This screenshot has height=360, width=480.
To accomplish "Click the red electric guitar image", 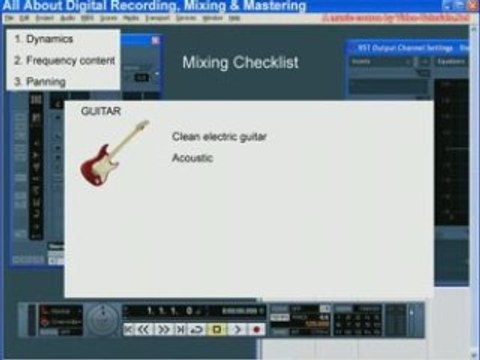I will (x=113, y=152).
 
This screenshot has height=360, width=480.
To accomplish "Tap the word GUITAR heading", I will (x=100, y=112).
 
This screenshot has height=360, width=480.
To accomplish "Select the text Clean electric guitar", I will (x=219, y=136).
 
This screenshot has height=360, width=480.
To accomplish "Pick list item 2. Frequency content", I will (x=64, y=60).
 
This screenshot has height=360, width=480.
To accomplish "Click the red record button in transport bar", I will (x=256, y=328).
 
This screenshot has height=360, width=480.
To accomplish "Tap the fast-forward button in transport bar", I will (x=163, y=328).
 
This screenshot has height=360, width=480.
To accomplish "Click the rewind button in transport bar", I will (x=146, y=328).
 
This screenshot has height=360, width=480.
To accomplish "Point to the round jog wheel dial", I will (x=100, y=320).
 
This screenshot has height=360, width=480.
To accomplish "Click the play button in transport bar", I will (x=237, y=328).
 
